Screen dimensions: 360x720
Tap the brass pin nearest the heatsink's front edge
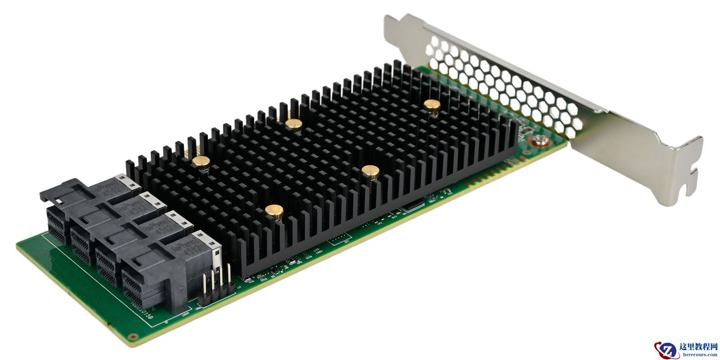[x=274, y=209]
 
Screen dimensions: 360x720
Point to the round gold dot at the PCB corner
[x=132, y=336]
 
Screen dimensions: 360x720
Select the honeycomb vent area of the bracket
[x=504, y=81]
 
